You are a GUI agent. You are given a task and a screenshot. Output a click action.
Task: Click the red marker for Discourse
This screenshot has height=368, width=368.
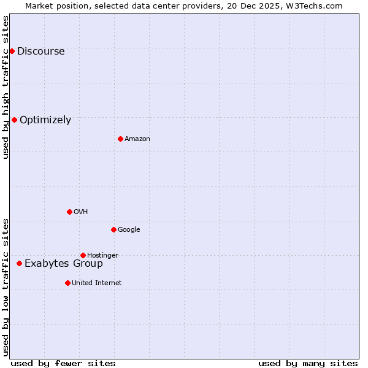point(12,51)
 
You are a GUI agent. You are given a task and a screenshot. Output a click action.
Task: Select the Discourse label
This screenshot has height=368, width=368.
point(40,52)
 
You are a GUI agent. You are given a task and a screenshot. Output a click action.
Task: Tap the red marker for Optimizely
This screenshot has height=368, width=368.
point(14,120)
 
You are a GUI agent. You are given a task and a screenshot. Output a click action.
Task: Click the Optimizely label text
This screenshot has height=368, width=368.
point(45,120)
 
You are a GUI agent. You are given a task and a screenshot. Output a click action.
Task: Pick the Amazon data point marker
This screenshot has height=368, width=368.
point(120,139)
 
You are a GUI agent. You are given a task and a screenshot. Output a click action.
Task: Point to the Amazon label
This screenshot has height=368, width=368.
point(137,139)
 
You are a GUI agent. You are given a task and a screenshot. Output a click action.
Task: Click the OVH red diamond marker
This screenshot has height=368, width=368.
point(69,212)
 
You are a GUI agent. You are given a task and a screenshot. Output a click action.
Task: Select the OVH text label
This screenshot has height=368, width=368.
point(80,212)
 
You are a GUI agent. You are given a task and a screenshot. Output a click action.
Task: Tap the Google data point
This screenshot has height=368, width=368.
point(113,229)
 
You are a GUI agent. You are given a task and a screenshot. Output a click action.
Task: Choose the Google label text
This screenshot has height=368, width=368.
point(129,230)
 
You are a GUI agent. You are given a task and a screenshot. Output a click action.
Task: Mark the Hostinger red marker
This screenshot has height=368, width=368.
point(83,255)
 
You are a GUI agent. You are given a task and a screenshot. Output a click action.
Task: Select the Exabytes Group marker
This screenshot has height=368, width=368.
point(19,263)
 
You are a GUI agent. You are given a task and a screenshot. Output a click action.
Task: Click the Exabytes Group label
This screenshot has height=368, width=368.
point(63,264)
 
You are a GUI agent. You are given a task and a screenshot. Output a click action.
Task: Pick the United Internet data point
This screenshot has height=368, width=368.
point(67,283)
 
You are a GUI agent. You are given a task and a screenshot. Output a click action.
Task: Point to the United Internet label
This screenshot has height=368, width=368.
point(96,283)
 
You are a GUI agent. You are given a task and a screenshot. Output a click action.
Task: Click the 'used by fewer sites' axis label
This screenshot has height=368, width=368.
point(63,363)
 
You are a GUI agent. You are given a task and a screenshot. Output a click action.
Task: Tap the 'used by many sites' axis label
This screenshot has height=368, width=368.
point(308,363)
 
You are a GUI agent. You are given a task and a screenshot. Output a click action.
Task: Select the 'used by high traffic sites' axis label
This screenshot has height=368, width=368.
point(6,87)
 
